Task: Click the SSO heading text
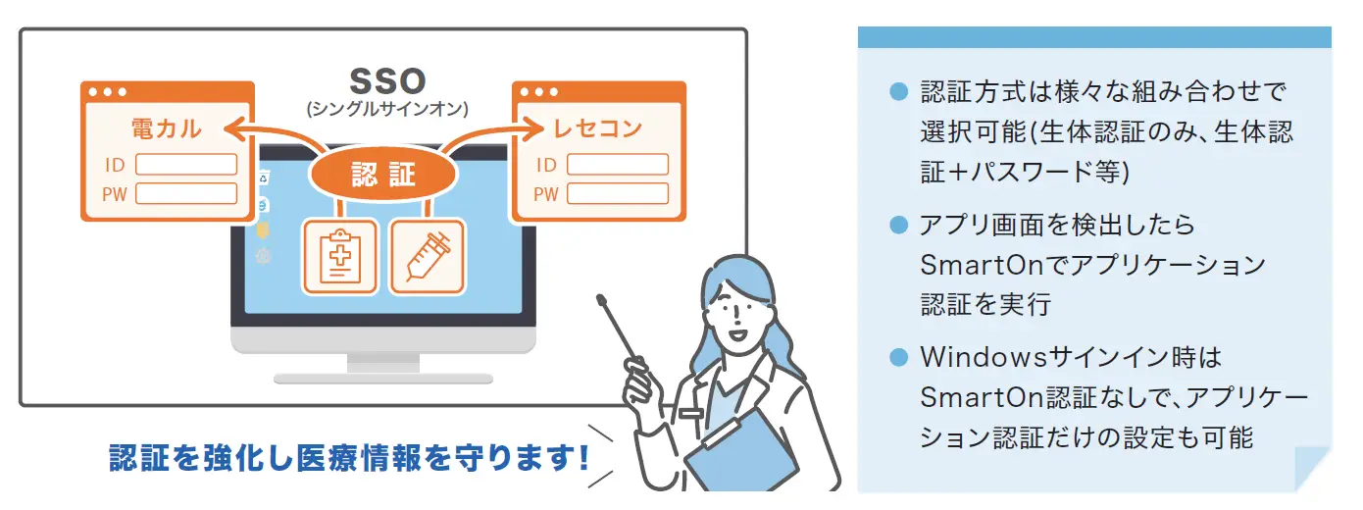pos(387,81)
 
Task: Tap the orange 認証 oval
pos(383,175)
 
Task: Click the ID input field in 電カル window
pos(186,165)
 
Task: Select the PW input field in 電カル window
pos(186,193)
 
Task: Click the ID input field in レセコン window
pos(618,165)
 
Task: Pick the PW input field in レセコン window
pos(618,193)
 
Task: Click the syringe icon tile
pos(428,257)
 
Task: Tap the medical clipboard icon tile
pos(341,257)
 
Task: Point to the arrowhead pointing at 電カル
pos(235,128)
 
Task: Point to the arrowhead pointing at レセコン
pos(533,128)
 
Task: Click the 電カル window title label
pos(166,128)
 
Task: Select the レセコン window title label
pos(597,128)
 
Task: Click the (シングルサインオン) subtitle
pos(387,109)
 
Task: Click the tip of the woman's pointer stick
pos(600,297)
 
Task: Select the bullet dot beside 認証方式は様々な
pos(899,92)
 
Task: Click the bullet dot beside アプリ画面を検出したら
pos(899,225)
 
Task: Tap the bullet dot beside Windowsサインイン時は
pos(899,357)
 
